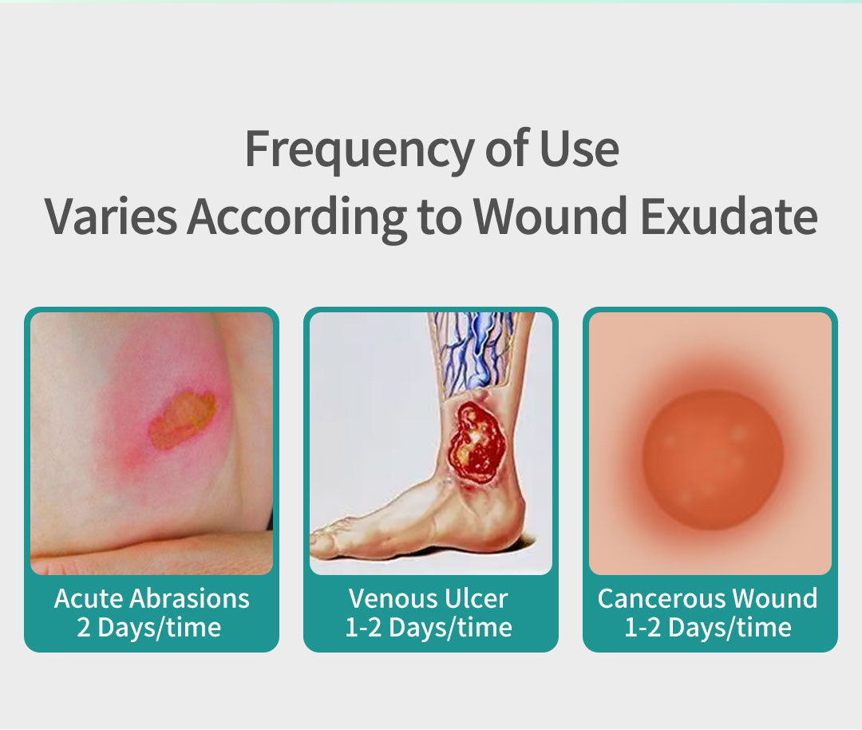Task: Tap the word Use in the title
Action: (579, 149)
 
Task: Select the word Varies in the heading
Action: (111, 216)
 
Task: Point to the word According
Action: (297, 218)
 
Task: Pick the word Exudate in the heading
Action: (729, 216)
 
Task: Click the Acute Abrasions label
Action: (152, 598)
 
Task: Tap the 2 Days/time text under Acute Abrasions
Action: (149, 628)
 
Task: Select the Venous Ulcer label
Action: (429, 598)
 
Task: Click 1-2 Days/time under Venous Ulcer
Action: (429, 628)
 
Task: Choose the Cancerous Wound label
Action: (707, 598)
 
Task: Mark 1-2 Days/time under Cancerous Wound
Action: (707, 628)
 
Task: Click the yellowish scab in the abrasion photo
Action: (183, 419)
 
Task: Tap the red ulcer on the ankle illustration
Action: (476, 443)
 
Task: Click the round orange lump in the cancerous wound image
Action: (713, 460)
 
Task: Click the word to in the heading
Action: (439, 217)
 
